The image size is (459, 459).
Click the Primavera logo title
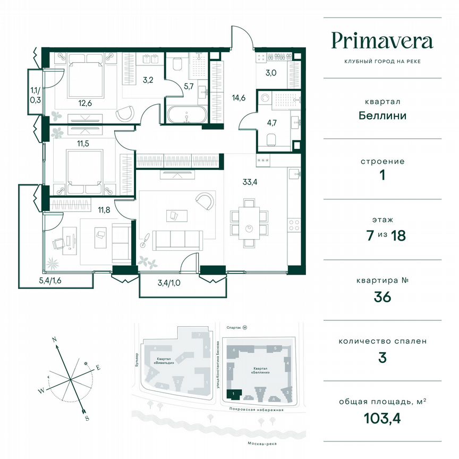point(382,40)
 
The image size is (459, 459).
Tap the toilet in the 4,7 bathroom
point(271,139)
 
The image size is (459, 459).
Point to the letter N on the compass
point(55,340)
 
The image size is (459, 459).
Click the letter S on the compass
point(86,418)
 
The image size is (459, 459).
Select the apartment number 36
point(382,296)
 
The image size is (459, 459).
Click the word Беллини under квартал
point(382,115)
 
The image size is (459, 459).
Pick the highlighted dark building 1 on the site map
point(234,394)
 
